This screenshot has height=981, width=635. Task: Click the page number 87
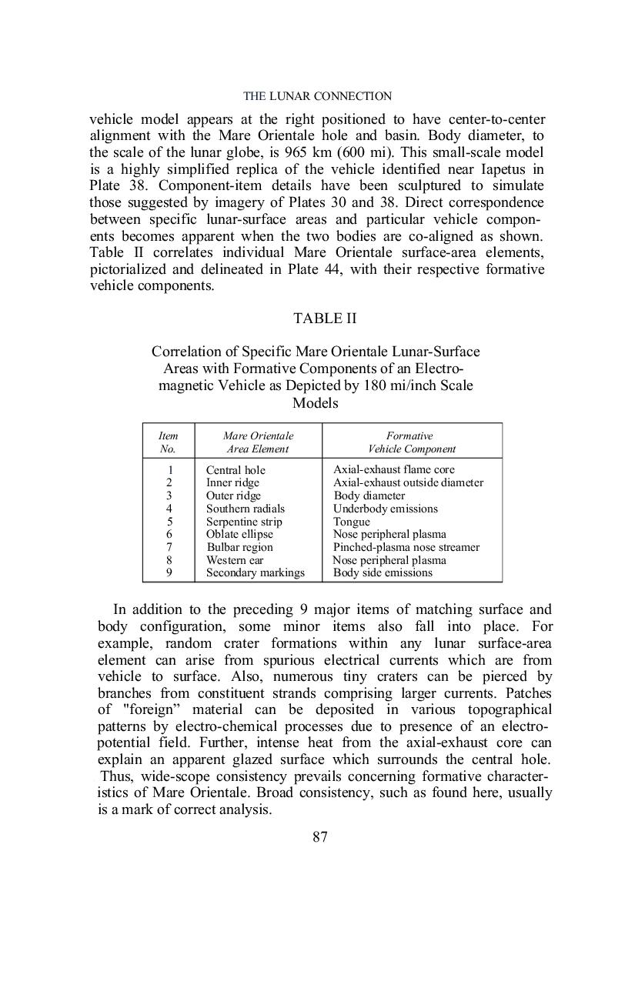tap(320, 837)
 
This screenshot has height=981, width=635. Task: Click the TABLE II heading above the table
tap(324, 318)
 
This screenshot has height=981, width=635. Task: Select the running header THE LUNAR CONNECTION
tap(317, 96)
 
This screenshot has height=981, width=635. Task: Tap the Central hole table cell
tap(236, 470)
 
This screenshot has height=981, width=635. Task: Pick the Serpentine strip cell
tap(244, 522)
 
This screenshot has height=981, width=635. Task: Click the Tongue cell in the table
tap(351, 522)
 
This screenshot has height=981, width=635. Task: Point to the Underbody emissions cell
tap(385, 509)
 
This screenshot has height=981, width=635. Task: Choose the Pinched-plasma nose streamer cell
tap(406, 547)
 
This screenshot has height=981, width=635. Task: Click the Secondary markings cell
tap(255, 573)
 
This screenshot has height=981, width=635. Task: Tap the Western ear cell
tap(235, 560)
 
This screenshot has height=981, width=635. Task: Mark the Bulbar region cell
tap(239, 547)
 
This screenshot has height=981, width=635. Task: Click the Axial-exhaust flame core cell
tap(393, 469)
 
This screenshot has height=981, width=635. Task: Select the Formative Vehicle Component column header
tap(411, 442)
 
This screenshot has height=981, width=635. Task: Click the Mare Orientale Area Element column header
tap(258, 442)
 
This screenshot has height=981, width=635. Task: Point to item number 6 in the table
tap(169, 534)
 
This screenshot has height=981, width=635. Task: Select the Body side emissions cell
tap(383, 573)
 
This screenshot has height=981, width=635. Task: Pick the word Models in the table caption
tap(316, 403)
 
